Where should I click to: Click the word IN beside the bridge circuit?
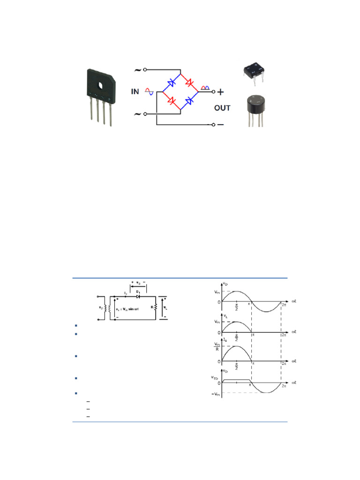point(135,92)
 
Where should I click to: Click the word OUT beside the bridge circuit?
point(222,108)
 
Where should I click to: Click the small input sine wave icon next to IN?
point(149,91)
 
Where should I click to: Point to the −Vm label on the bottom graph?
point(216,392)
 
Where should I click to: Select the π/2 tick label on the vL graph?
point(237,337)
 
